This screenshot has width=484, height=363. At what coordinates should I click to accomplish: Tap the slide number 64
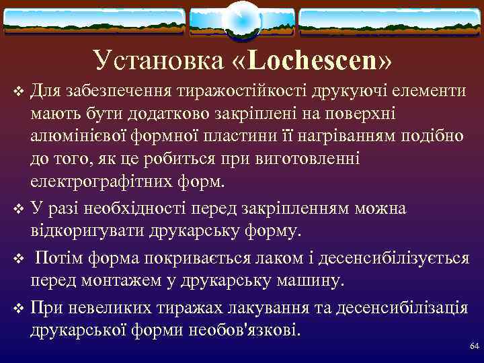[474, 346]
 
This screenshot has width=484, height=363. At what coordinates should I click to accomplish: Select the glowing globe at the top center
[241, 20]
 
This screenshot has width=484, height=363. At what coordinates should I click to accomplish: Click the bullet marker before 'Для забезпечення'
[18, 91]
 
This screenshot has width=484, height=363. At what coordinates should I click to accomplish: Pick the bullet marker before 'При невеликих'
[18, 308]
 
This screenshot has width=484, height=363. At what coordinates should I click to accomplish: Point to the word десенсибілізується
[389, 257]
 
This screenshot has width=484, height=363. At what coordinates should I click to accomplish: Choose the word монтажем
[118, 280]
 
